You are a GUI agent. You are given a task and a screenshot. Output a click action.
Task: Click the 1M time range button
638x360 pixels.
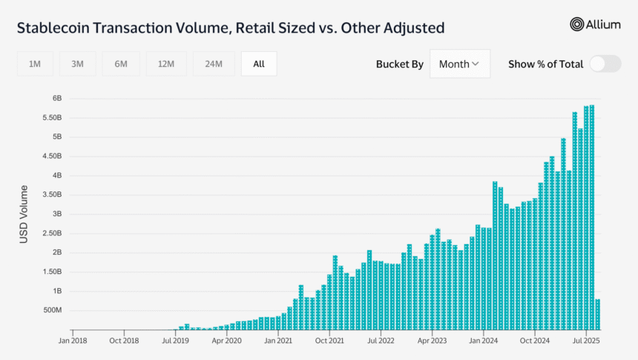pyautogui.click(x=35, y=64)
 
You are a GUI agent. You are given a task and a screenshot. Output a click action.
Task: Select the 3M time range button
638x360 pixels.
pyautogui.click(x=78, y=64)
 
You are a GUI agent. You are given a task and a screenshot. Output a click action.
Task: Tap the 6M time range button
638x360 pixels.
pyautogui.click(x=121, y=64)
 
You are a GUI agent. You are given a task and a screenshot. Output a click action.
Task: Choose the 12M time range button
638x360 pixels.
pyautogui.click(x=166, y=64)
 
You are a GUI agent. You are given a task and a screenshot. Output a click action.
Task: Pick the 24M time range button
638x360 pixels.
pyautogui.click(x=214, y=64)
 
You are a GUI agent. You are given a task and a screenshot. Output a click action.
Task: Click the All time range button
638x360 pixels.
pyautogui.click(x=259, y=64)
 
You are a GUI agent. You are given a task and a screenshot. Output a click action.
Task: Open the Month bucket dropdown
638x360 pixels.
pyautogui.click(x=459, y=64)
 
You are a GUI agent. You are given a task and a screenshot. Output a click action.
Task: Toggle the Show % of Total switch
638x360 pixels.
pyautogui.click(x=605, y=64)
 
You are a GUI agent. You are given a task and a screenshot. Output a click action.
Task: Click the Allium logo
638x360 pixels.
pyautogui.click(x=595, y=24)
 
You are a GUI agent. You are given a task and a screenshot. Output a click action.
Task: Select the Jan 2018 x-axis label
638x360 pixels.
pyautogui.click(x=72, y=341)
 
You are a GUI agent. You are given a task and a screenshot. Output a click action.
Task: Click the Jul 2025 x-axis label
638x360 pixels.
pyautogui.click(x=585, y=341)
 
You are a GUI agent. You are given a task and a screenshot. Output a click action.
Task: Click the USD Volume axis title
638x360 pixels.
pyautogui.click(x=24, y=215)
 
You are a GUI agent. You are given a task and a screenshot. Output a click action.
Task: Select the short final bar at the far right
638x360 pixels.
pyautogui.click(x=597, y=314)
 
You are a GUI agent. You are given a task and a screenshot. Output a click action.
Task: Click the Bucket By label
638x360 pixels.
pyautogui.click(x=400, y=64)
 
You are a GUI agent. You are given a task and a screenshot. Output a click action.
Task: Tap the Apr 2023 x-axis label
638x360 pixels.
pyautogui.click(x=432, y=341)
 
